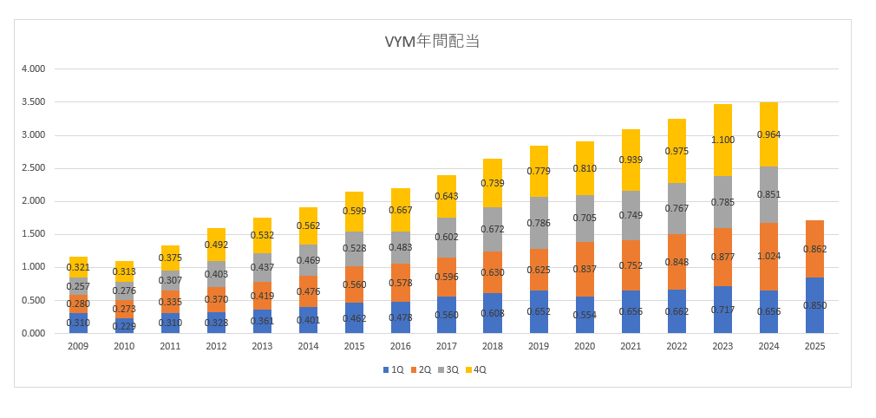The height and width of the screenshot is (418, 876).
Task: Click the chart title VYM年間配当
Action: tap(432, 41)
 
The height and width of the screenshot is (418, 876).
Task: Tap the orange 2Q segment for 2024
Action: tap(768, 257)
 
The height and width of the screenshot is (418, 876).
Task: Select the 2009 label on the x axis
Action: tap(78, 346)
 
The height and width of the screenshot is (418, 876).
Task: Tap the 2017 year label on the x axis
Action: tap(447, 346)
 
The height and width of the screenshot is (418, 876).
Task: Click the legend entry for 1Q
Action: tap(393, 369)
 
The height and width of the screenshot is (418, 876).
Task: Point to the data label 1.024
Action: tap(768, 257)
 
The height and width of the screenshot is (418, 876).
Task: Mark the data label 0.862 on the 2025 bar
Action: tap(814, 250)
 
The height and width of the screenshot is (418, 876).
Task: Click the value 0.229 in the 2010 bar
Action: tap(124, 325)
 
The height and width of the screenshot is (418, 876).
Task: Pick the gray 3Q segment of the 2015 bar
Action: tap(355, 249)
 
